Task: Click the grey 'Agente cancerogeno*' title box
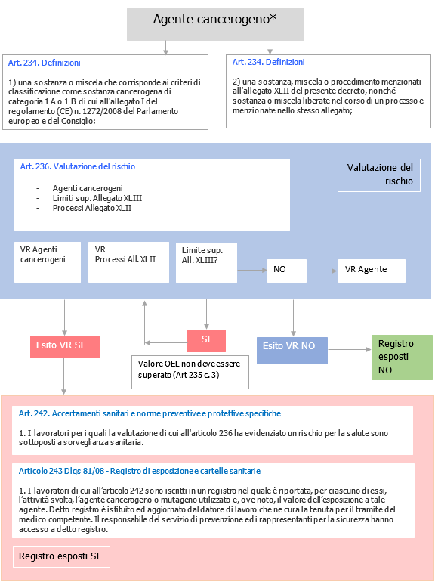(215, 24)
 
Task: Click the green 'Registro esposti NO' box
(403, 357)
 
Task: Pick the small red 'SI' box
(206, 340)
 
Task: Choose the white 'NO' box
(287, 270)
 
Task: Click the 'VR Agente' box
(372, 270)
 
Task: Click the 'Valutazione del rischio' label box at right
(378, 175)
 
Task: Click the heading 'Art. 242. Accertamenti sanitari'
(150, 413)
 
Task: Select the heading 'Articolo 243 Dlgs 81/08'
(140, 470)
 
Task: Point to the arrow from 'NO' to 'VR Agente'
(322, 270)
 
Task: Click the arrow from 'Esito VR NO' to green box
(350, 349)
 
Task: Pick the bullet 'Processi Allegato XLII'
(92, 208)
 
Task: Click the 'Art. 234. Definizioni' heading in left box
(45, 63)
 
